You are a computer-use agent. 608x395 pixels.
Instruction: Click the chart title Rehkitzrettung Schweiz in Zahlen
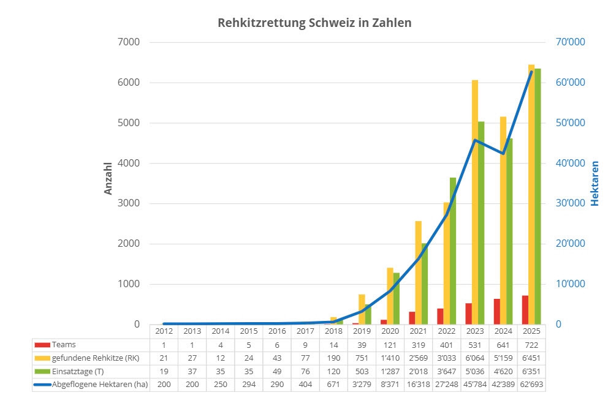point(314,23)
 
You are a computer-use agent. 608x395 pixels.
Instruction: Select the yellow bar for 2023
point(475,202)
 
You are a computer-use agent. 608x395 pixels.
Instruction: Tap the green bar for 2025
point(538,196)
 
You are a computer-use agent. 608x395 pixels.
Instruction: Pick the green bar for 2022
point(453,251)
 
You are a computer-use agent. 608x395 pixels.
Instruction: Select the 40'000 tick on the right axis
point(568,164)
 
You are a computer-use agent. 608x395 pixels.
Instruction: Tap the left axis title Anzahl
point(108,178)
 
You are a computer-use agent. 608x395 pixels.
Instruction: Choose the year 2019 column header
point(362,331)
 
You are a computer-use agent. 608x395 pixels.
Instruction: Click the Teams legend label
point(64,345)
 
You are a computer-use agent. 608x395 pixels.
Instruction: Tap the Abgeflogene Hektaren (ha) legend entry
point(99,385)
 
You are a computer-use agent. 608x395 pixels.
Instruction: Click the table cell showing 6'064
point(474,358)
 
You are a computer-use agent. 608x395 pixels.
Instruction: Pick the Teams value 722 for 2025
point(531,345)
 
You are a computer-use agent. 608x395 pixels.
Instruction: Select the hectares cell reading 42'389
point(503,385)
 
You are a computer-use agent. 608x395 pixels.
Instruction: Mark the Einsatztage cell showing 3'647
point(446,371)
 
